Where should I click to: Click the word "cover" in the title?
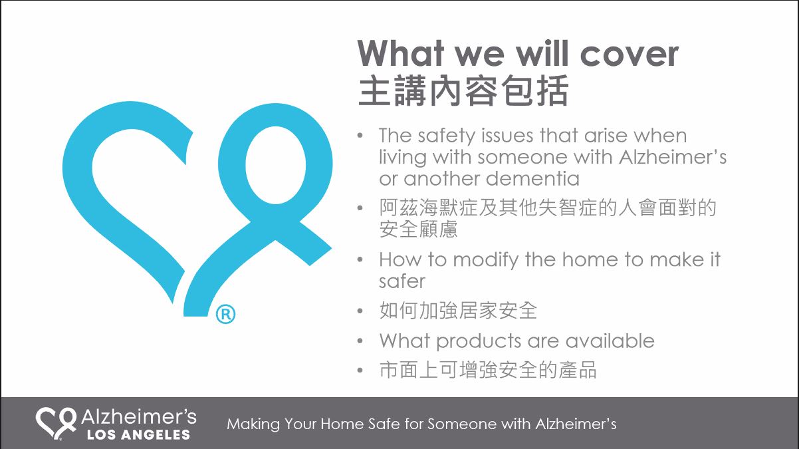(x=629, y=54)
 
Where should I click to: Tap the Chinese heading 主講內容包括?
(x=463, y=90)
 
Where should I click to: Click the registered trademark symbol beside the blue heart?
(x=225, y=315)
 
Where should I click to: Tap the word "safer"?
(x=402, y=281)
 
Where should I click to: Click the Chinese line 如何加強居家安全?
(x=458, y=310)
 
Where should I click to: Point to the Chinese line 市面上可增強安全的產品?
(x=488, y=370)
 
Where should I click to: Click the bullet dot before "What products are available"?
(x=360, y=341)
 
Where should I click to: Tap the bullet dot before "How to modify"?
(x=360, y=259)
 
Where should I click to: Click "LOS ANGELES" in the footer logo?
(x=138, y=435)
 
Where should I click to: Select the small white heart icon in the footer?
(x=56, y=424)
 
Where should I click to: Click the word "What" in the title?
(x=401, y=53)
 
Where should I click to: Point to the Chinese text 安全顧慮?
(x=418, y=229)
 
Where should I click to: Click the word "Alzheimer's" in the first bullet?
(x=673, y=157)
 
